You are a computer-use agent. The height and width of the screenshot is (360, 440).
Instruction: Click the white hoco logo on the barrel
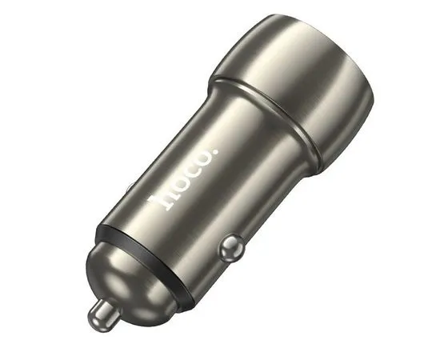point(184,178)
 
